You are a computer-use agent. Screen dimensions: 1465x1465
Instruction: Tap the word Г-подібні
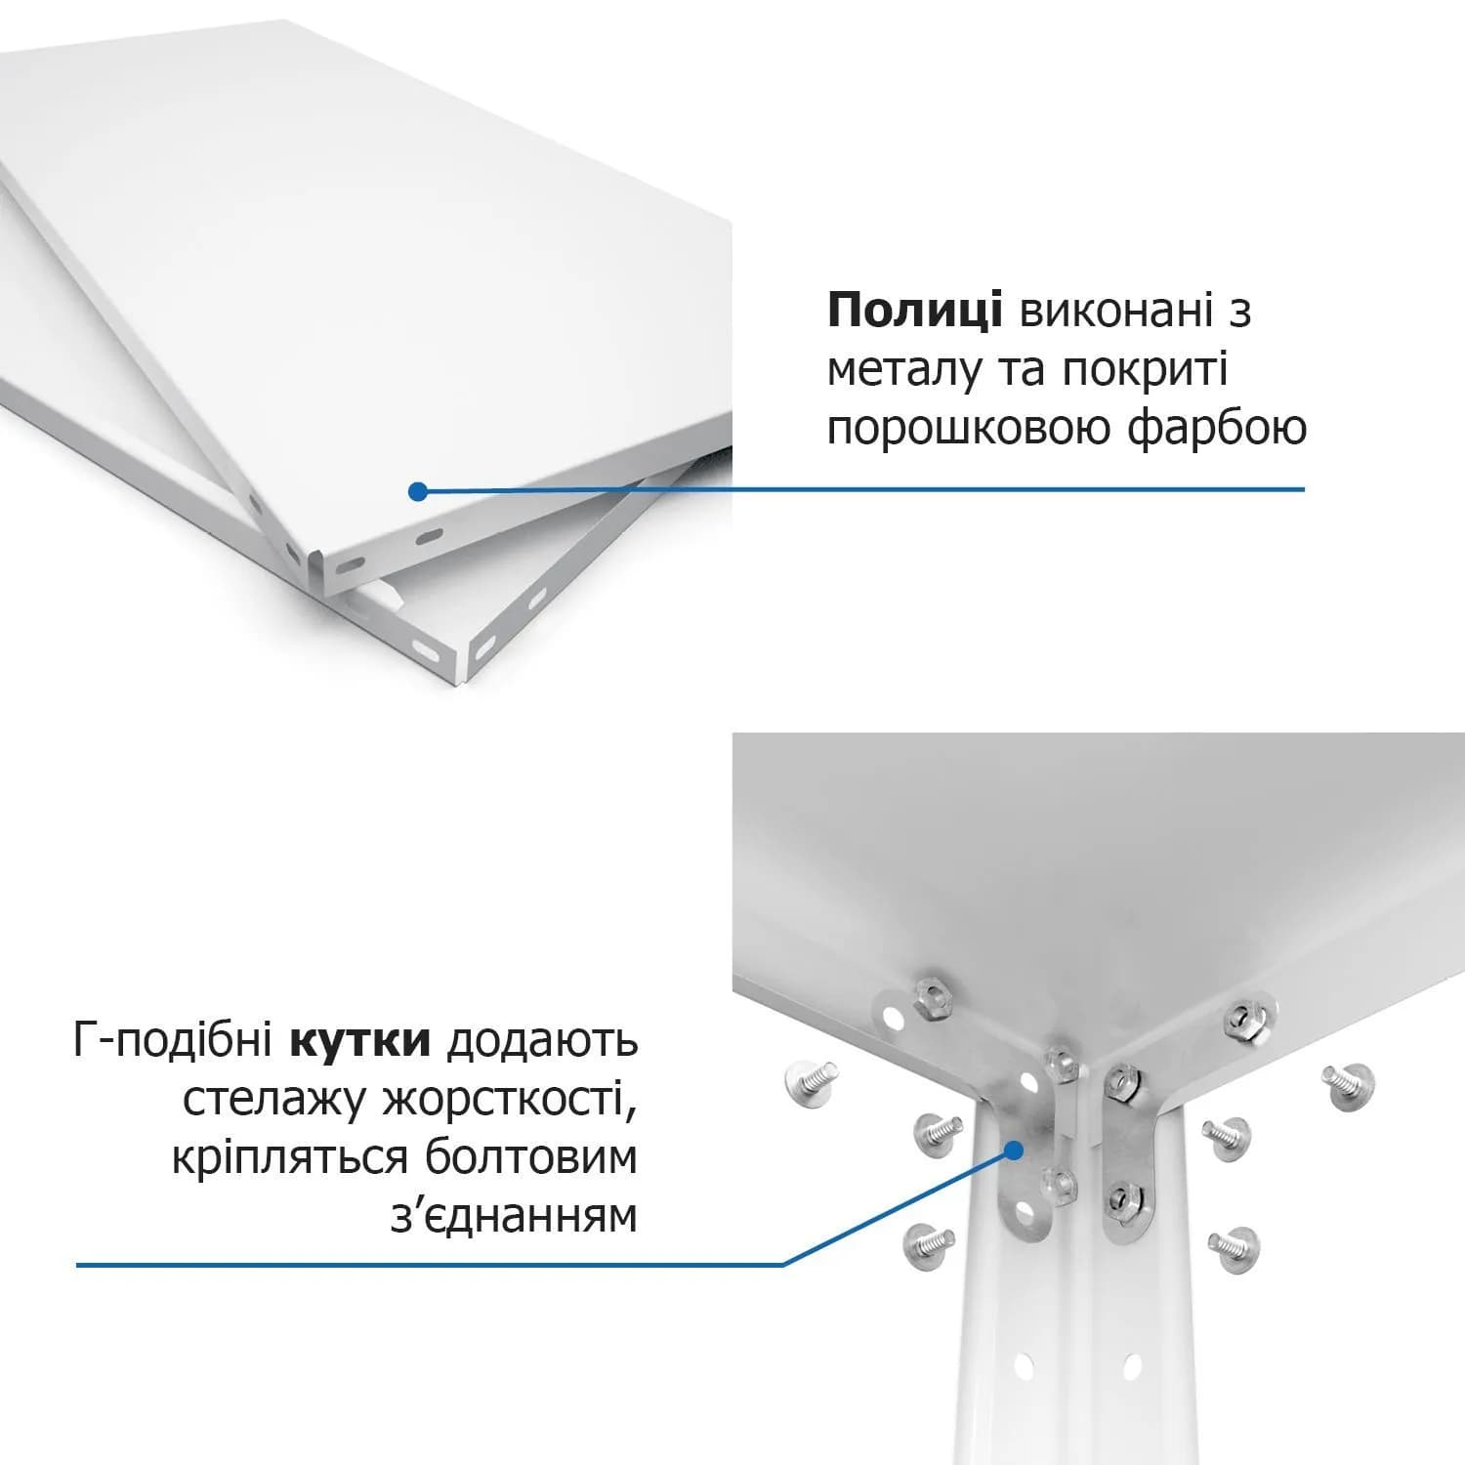tap(172, 1041)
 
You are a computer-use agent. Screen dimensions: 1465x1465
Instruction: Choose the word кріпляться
tap(289, 1160)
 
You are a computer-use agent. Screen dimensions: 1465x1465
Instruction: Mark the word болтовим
tap(531, 1158)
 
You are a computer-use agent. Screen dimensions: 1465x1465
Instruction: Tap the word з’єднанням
tap(514, 1217)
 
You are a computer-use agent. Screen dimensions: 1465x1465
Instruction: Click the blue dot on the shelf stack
tap(418, 491)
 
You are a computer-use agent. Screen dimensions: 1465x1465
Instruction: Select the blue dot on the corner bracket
tap(1013, 1150)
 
